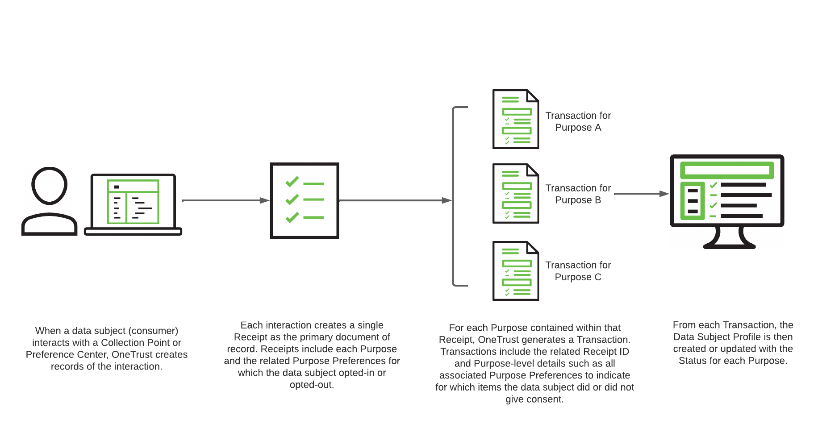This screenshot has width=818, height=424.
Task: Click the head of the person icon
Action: pos(49,185)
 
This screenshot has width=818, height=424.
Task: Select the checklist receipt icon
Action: pos(305,200)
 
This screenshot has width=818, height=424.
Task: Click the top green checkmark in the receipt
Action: pos(292,182)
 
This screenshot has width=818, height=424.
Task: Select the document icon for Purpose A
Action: pos(516,119)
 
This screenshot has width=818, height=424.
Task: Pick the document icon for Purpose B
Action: pos(516,193)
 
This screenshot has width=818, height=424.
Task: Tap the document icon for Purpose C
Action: pos(516,271)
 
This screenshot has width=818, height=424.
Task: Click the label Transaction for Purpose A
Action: pos(578,121)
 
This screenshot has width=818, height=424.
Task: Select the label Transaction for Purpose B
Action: pos(578,194)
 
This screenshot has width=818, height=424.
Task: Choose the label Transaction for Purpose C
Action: pos(578,271)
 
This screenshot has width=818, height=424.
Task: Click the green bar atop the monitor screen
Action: pos(727,170)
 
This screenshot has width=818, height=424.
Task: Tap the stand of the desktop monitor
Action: pos(729,238)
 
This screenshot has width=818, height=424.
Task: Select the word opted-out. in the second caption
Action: pos(312,385)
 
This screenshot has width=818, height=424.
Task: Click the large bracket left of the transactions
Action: pos(454,196)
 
